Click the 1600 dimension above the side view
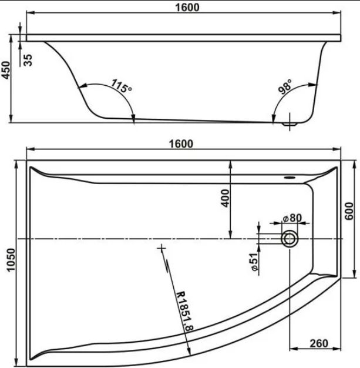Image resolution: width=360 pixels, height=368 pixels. click(187, 7)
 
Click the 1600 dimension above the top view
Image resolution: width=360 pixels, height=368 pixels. click(181, 143)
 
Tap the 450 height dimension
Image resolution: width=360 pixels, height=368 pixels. click(6, 70)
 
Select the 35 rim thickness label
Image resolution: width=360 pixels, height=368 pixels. click(28, 60)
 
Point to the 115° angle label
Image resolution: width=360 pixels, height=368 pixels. click(122, 86)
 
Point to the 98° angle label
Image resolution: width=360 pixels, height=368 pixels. click(285, 86)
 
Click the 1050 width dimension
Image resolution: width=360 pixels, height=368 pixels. click(11, 260)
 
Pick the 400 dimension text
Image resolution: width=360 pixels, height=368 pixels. click(225, 198)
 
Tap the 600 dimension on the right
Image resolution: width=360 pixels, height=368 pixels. click(349, 211)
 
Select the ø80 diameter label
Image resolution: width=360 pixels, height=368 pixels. click(292, 218)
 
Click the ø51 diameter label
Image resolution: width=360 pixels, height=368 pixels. click(254, 262)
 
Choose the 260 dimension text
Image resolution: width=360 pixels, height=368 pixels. click(319, 343)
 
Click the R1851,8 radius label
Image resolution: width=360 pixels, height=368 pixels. click(184, 311)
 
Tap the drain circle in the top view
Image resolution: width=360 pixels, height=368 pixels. click(290, 239)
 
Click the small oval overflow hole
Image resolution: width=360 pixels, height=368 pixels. click(290, 178)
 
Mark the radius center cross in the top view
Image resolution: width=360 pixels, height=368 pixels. click(162, 248)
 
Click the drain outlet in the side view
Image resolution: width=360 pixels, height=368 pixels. click(290, 123)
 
